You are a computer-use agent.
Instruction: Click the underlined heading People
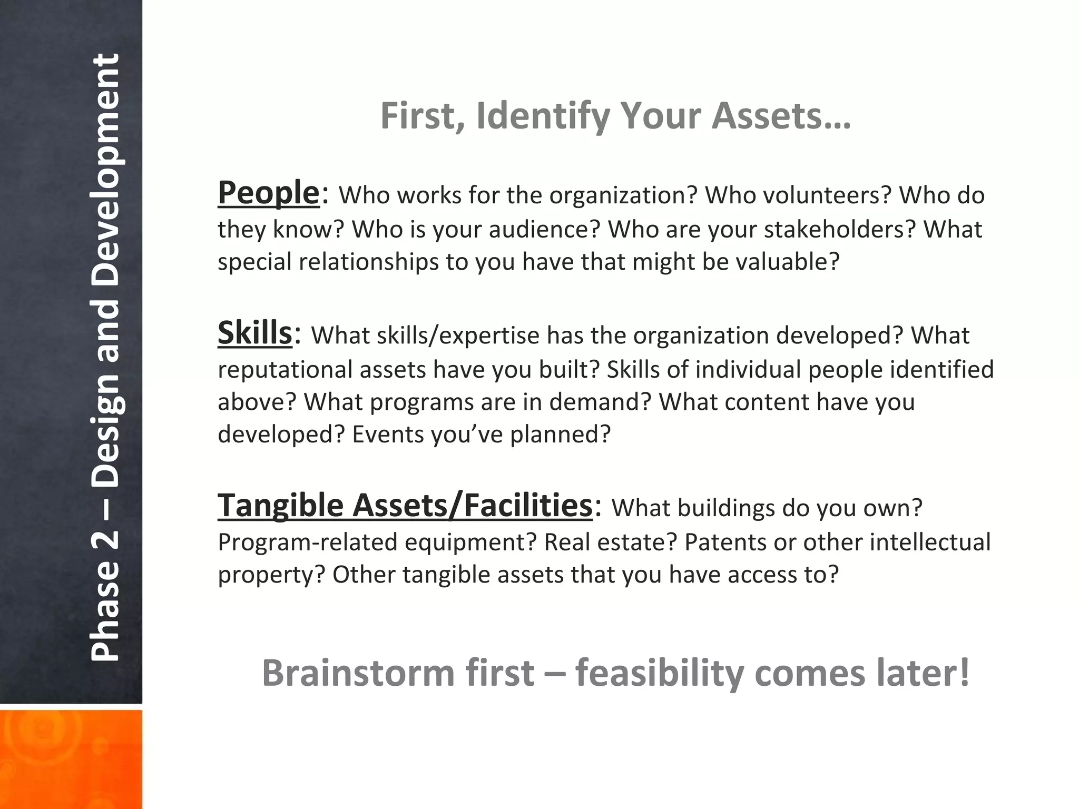point(269,193)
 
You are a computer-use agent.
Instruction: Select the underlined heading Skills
point(254,333)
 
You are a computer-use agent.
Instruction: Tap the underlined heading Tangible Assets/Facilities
point(405,505)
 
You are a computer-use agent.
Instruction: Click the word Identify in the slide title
point(543,116)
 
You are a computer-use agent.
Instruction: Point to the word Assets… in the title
point(781,116)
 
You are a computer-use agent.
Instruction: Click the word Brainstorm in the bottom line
point(358,673)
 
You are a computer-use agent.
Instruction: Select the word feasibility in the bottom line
point(659,673)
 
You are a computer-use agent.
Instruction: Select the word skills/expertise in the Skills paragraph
point(458,336)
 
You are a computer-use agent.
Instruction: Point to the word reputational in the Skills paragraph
point(285,370)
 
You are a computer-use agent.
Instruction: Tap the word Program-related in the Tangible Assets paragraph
point(307,542)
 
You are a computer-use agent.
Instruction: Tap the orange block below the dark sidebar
point(71,758)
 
